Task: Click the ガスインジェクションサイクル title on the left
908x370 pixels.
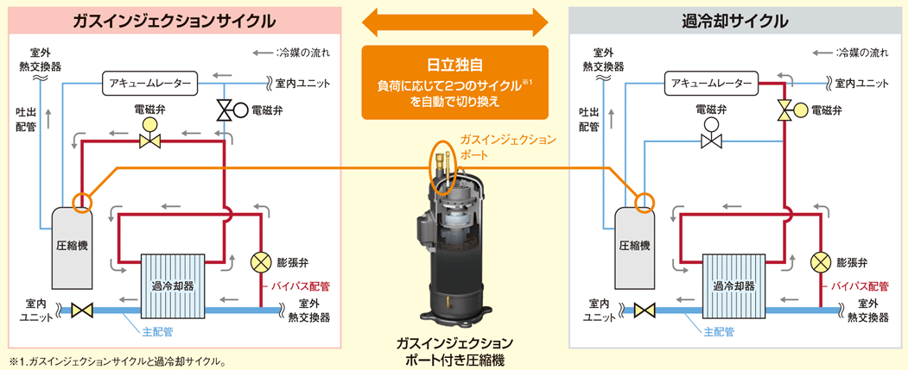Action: [173, 22]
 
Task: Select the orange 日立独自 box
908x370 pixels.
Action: [454, 82]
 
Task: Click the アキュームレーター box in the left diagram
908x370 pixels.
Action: [149, 84]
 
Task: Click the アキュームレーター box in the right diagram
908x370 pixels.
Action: [711, 84]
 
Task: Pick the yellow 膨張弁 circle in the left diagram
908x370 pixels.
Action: [261, 262]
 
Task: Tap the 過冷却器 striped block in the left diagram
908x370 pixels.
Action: [172, 285]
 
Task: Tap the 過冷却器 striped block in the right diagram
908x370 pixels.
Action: [733, 285]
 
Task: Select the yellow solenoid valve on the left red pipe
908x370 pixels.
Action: [150, 135]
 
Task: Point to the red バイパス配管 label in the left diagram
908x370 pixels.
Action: [301, 285]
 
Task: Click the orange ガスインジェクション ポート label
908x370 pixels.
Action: [507, 148]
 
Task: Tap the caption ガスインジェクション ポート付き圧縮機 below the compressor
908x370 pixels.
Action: [454, 351]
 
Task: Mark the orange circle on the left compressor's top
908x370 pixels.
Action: [82, 202]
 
